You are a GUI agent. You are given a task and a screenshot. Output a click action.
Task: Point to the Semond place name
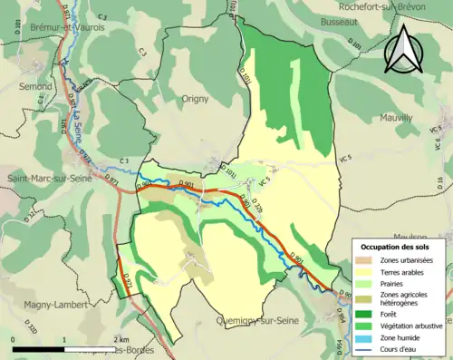[x=34, y=87]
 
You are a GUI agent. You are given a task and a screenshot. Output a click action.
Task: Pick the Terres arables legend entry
[x=400, y=271]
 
